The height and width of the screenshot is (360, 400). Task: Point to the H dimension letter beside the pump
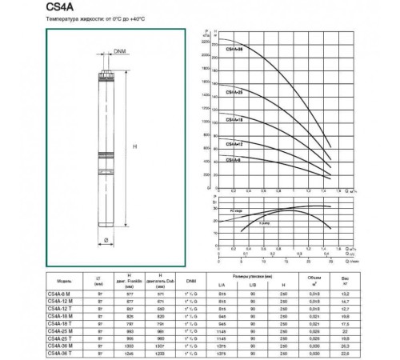point(134,144)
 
